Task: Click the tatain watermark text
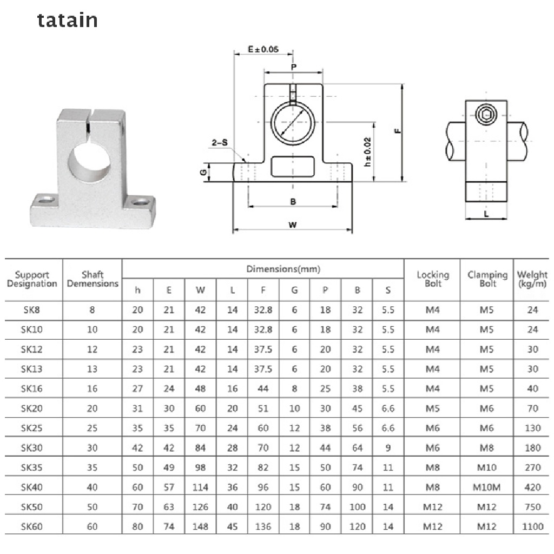pos(68,21)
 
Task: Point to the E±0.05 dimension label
pos(263,49)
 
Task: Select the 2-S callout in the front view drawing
pos(220,143)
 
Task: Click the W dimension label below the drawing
pos(292,225)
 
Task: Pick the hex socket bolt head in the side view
pos(485,114)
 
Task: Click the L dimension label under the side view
pos(486,214)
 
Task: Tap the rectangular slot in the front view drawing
pos(293,166)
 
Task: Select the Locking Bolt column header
pos(433,279)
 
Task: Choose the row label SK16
pos(32,388)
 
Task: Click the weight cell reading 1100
pos(532,526)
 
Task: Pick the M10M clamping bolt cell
pos(487,487)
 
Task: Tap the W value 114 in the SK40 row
pos(200,487)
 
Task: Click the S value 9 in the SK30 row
pos(388,448)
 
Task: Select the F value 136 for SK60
pos(263,526)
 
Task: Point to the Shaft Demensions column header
pos(93,279)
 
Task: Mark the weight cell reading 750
pos(532,507)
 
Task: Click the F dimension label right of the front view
pos(397,131)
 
